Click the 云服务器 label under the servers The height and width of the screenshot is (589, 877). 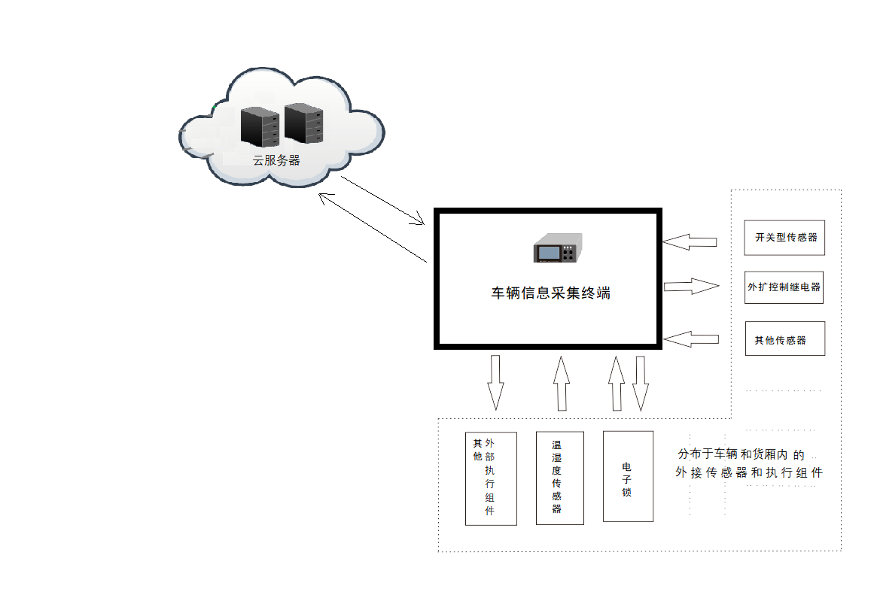(x=276, y=160)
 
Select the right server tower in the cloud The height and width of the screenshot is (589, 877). (x=303, y=123)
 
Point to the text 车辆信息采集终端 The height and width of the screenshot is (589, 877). (x=550, y=293)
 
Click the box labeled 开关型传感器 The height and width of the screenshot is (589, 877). (x=784, y=237)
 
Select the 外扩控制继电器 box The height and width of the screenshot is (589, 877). (x=784, y=287)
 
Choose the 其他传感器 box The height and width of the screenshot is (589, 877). (x=784, y=339)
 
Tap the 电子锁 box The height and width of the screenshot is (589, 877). (x=628, y=476)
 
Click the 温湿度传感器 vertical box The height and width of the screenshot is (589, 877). (x=560, y=478)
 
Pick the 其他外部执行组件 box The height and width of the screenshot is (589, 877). (x=491, y=478)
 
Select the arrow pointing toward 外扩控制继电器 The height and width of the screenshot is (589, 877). (x=692, y=286)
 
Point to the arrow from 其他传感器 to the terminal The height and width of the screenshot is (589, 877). (x=691, y=339)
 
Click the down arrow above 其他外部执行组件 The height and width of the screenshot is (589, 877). (x=495, y=382)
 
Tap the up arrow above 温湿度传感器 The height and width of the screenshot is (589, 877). (x=560, y=382)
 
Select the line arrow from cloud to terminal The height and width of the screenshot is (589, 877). (x=383, y=201)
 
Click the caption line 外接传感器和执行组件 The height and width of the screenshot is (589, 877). (x=748, y=473)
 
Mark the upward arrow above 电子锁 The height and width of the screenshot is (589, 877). (x=617, y=382)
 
